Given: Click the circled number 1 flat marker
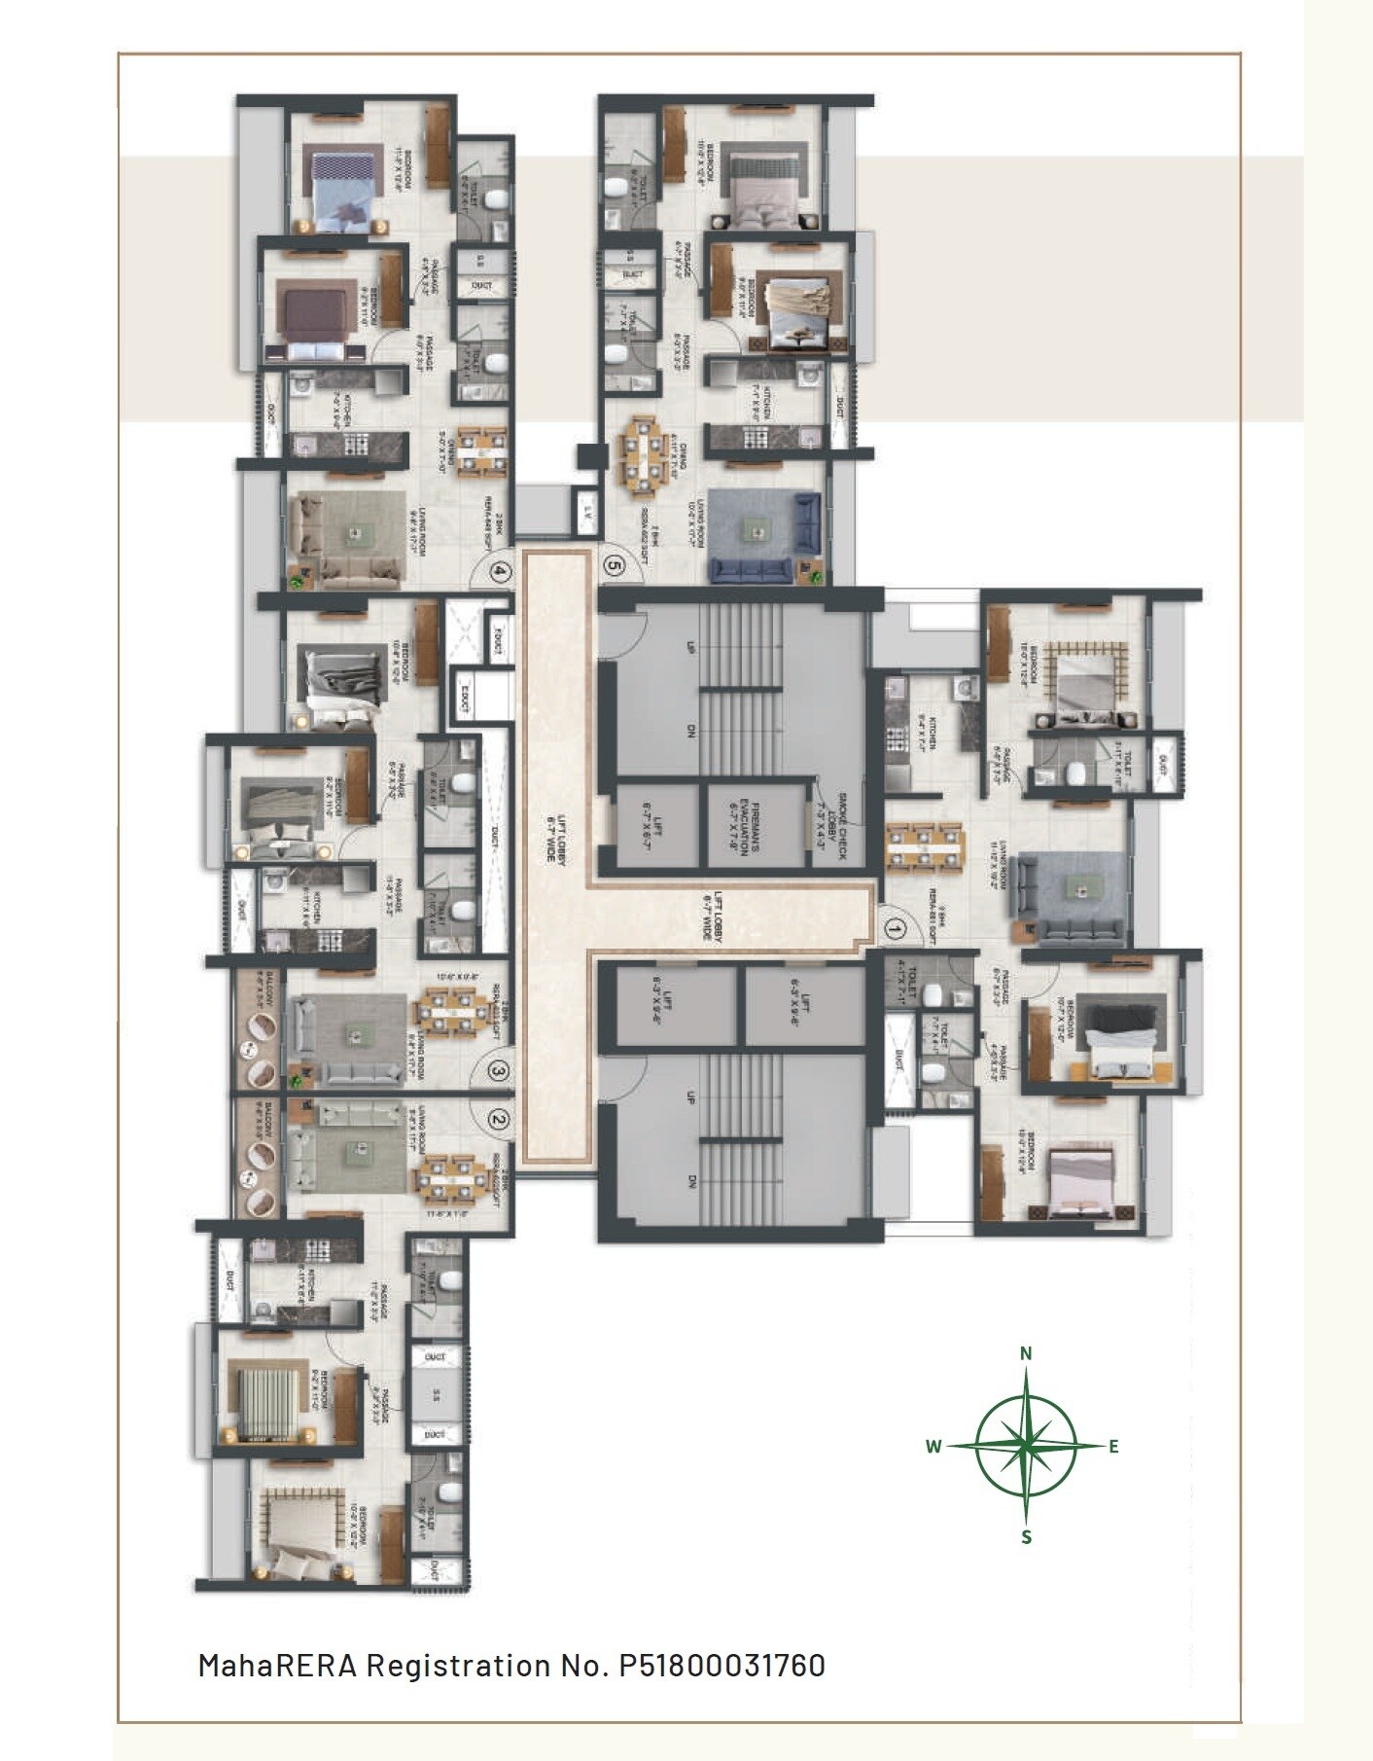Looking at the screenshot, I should click(896, 929).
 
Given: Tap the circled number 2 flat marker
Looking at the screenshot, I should click(499, 1120).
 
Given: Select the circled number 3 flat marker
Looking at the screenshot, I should click(499, 1071).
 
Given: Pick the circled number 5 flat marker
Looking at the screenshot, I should click(613, 562).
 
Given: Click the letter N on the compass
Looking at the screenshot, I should click(1026, 1353).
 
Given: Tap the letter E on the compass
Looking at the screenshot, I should click(1113, 1447).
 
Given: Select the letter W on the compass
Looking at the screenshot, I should click(933, 1447).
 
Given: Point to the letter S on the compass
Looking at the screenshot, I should click(1026, 1537).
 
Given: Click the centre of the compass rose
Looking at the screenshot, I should click(1026, 1445).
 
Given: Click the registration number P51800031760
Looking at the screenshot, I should click(722, 1666).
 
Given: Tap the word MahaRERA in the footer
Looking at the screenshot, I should click(277, 1666).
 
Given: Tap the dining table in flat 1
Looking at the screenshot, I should click(924, 846).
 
